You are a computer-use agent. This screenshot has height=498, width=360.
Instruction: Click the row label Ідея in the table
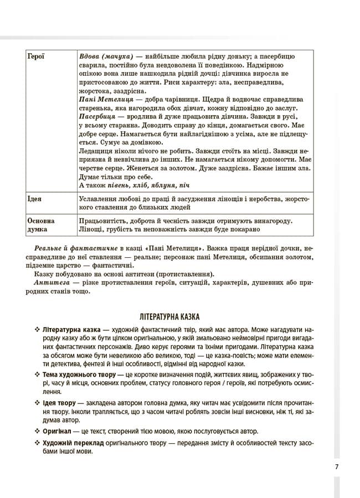[x=34, y=198]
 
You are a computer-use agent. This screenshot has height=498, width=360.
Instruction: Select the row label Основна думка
[x=39, y=225]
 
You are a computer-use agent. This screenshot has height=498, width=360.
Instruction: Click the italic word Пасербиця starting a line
[x=97, y=117]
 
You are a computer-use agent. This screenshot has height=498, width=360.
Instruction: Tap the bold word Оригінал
[x=58, y=430]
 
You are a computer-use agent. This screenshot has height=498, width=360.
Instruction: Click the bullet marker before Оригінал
[x=37, y=430]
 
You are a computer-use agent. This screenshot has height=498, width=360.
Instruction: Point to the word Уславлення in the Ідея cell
[x=100, y=198]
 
